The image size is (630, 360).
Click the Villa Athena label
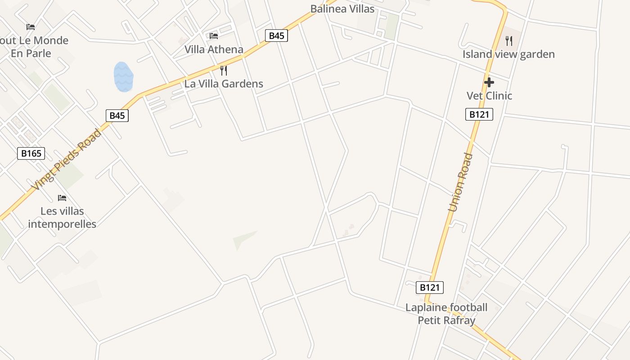(x=214, y=49)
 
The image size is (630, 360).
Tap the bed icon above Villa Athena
(x=214, y=36)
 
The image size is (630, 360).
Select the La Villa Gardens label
(x=224, y=84)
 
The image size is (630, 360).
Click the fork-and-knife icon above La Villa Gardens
(x=224, y=70)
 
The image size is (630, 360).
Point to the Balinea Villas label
(x=342, y=9)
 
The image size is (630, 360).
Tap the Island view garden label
(x=508, y=54)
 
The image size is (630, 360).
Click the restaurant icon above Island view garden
(x=509, y=41)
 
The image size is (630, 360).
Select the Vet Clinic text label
(x=489, y=95)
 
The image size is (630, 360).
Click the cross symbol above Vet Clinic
(x=489, y=82)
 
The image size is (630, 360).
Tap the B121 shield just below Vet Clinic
(x=479, y=114)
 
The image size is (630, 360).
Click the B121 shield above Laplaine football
(x=430, y=288)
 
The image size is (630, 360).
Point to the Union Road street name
(x=461, y=182)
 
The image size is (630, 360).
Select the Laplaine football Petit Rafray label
(x=446, y=314)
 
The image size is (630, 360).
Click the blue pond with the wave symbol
(x=123, y=77)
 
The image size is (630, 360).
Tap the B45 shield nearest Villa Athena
(x=276, y=36)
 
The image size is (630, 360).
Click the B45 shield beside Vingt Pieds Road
(x=117, y=116)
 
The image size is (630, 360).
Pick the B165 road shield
(x=31, y=153)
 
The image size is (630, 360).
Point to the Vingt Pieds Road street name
(x=67, y=160)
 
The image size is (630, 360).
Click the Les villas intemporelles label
(x=62, y=217)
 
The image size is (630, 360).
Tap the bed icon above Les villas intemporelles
(x=62, y=198)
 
